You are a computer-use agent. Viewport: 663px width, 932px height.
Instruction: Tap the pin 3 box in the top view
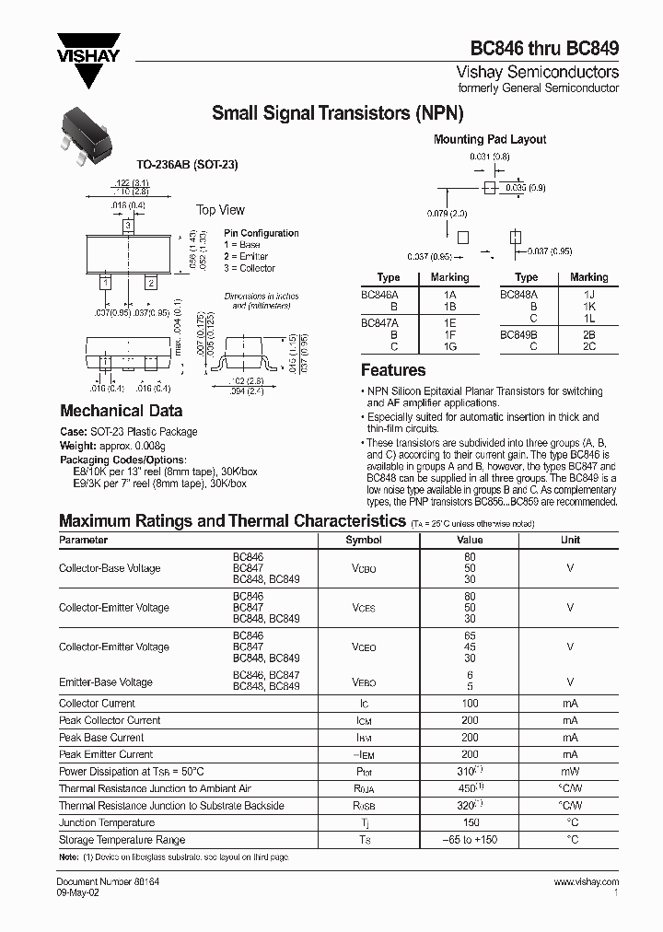(x=128, y=226)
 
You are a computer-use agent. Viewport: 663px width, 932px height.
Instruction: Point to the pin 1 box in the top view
(x=107, y=283)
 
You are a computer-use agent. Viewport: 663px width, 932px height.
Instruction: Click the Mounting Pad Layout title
(x=490, y=139)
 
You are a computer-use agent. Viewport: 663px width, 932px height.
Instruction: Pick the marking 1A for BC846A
(x=449, y=295)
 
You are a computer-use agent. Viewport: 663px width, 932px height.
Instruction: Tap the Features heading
(x=393, y=370)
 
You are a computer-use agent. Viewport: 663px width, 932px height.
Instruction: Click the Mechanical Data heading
(x=121, y=411)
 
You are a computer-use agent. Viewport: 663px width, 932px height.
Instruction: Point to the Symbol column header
(x=363, y=541)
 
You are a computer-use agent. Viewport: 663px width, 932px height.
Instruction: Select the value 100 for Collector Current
(x=470, y=704)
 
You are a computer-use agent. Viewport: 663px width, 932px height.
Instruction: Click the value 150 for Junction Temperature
(x=470, y=822)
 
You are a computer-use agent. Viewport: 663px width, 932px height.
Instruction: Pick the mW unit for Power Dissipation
(x=570, y=772)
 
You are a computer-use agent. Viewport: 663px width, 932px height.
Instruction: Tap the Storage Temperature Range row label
(x=122, y=840)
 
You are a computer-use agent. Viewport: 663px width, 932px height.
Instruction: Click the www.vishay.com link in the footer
(x=587, y=882)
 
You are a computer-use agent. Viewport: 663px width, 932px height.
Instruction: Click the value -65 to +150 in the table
(x=470, y=840)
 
